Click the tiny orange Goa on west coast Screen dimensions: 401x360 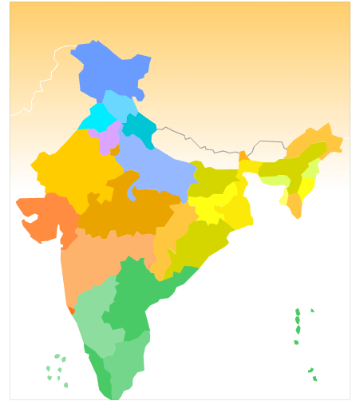71,309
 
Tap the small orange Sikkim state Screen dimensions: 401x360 242,157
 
